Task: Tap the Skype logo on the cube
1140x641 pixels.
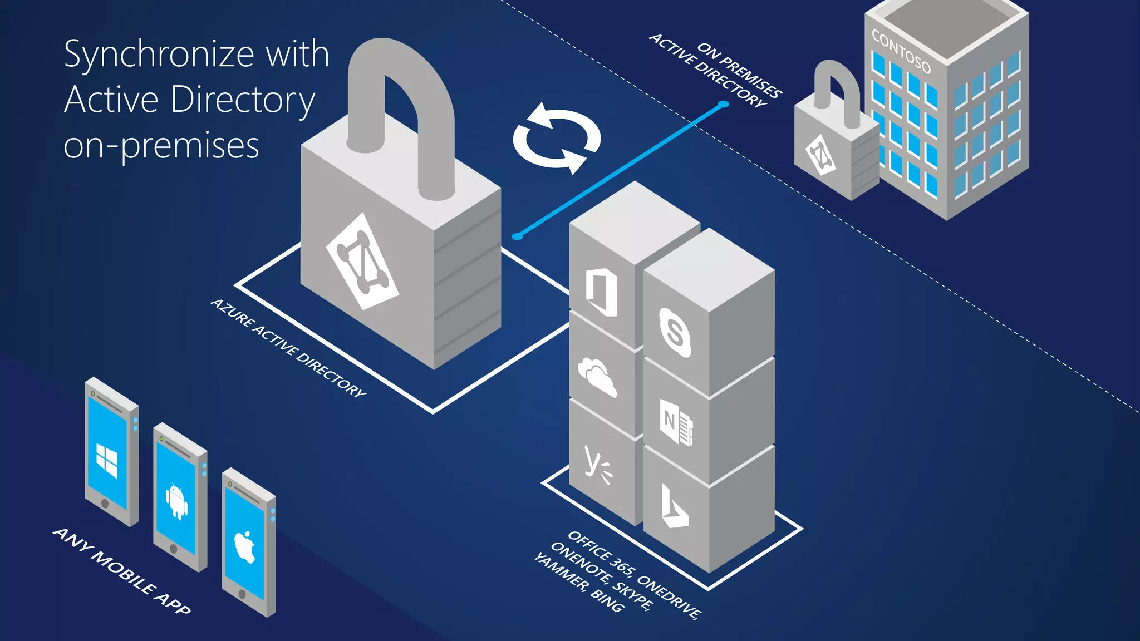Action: point(675,332)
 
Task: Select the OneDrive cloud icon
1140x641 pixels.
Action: point(597,377)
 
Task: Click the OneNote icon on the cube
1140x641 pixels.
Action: point(676,422)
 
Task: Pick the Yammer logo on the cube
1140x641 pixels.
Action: point(597,465)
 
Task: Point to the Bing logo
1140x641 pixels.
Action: point(674,507)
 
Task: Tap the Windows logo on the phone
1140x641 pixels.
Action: point(107,460)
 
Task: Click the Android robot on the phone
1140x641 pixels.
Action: point(176,501)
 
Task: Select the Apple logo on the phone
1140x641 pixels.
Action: point(244,546)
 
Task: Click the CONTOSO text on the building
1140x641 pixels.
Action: point(901,51)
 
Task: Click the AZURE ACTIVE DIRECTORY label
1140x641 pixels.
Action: point(288,348)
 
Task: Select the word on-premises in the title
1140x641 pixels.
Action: point(161,146)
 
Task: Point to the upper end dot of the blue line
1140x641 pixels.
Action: point(723,104)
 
